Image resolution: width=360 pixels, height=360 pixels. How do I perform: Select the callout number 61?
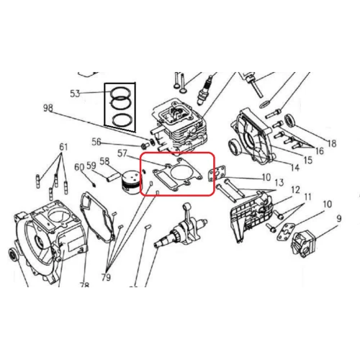click(64, 148)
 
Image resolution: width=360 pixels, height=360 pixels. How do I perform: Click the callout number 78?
click(84, 285)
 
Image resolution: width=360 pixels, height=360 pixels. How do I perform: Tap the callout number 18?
click(331, 143)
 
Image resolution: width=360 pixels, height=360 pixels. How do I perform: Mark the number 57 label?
click(123, 153)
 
